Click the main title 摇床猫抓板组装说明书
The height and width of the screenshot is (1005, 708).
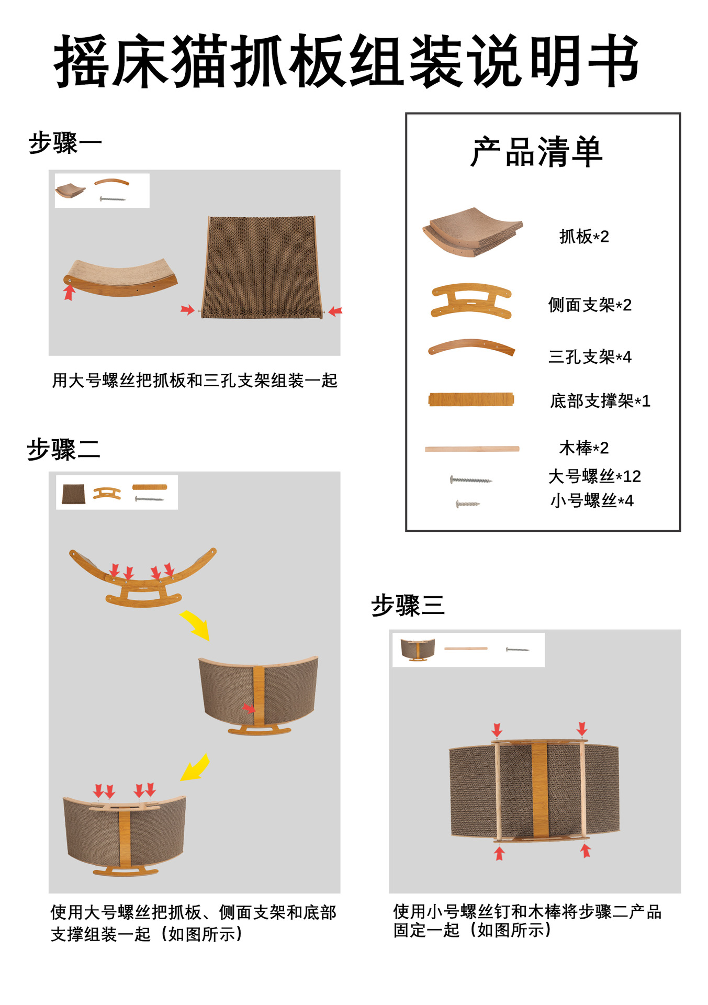(346, 61)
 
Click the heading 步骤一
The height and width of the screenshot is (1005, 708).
(65, 143)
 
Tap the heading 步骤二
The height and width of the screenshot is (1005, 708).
(63, 450)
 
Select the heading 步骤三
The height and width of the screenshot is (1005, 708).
(408, 606)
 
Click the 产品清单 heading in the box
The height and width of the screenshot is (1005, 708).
(536, 152)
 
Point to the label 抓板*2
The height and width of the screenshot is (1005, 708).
(584, 237)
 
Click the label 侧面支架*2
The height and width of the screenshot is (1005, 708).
(590, 305)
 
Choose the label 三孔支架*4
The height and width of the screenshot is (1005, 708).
(590, 357)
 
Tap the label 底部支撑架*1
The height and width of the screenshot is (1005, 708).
(600, 401)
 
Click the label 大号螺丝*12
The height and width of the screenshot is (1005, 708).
(594, 476)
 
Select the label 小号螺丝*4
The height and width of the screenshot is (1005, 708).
(592, 501)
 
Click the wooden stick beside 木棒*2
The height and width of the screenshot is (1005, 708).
(472, 449)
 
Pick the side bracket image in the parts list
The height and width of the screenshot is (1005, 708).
(471, 301)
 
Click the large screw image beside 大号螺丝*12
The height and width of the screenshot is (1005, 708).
(470, 479)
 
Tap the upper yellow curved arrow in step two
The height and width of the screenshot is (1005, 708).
(195, 624)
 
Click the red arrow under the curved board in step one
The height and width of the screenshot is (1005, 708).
(69, 292)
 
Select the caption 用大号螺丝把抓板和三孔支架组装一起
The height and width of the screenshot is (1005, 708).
(195, 381)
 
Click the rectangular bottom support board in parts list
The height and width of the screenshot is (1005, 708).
(471, 399)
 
